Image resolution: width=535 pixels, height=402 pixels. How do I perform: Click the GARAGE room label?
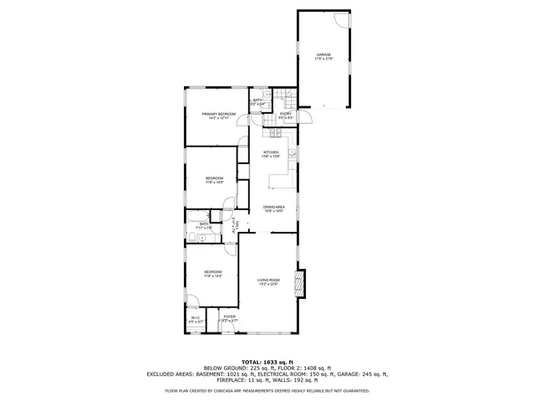pyautogui.click(x=324, y=55)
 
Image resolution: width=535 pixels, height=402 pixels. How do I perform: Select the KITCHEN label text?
pyautogui.click(x=271, y=152)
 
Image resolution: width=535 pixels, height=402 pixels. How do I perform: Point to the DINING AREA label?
pyautogui.click(x=274, y=207)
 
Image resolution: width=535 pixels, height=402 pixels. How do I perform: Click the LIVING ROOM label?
pyautogui.click(x=268, y=280)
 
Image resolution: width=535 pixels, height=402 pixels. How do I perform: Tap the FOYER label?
pyautogui.click(x=229, y=317)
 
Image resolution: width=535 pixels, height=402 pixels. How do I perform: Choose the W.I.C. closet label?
pyautogui.click(x=194, y=317)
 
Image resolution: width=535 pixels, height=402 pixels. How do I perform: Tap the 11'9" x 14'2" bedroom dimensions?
pyautogui.click(x=214, y=276)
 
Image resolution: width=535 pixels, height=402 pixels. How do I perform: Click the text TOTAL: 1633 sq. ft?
pyautogui.click(x=267, y=361)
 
